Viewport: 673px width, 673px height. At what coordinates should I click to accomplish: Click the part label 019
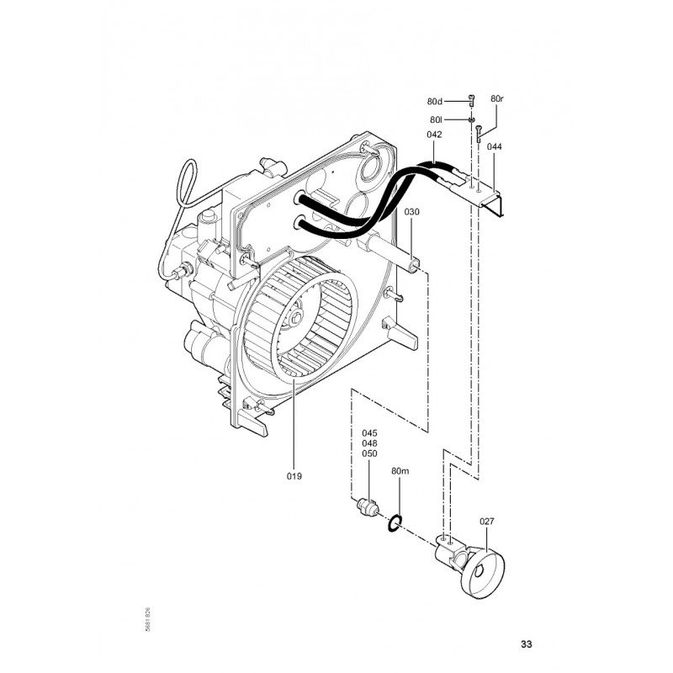click(x=294, y=476)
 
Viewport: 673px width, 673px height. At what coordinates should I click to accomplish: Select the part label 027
click(x=487, y=522)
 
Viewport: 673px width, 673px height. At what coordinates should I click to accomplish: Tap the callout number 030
click(x=411, y=212)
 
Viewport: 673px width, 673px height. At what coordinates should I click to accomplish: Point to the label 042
click(x=434, y=135)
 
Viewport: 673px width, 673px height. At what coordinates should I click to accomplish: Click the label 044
click(x=495, y=146)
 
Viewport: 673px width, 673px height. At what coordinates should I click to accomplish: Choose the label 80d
click(x=434, y=102)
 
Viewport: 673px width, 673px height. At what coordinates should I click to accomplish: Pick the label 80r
click(x=497, y=98)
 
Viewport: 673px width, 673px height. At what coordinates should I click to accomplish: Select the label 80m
click(x=400, y=471)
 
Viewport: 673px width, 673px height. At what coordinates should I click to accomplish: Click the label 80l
click(x=436, y=119)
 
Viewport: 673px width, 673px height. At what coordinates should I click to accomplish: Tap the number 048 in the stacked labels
click(x=369, y=443)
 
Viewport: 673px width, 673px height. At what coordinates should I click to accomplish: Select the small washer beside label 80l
click(x=472, y=120)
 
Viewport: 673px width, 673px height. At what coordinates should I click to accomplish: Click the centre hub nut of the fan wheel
click(x=297, y=319)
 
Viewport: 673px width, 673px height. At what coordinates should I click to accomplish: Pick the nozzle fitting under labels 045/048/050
click(x=368, y=507)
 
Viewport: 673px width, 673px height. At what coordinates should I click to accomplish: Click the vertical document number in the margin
click(x=147, y=619)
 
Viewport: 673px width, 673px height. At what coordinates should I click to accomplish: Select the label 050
click(x=369, y=453)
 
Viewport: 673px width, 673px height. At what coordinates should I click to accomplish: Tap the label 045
click(x=369, y=433)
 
